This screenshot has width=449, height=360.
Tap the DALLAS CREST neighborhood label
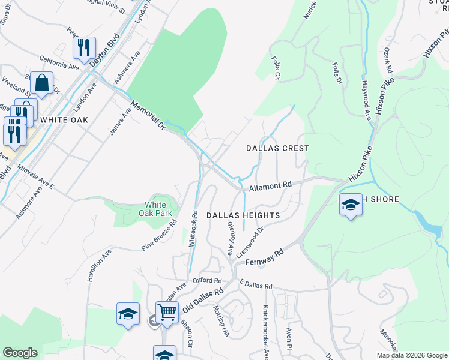point(278,148)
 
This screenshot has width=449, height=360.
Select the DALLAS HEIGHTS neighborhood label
point(243,215)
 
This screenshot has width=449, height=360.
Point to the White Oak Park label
point(155,209)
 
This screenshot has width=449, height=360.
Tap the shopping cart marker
point(167,312)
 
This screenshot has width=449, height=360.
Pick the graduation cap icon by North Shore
point(351,206)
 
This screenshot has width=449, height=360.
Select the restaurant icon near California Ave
point(84,47)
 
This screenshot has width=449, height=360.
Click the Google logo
point(20,353)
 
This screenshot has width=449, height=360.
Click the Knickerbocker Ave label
point(265,332)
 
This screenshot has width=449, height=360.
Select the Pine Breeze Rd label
point(159,235)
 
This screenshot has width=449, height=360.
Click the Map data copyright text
point(411,355)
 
